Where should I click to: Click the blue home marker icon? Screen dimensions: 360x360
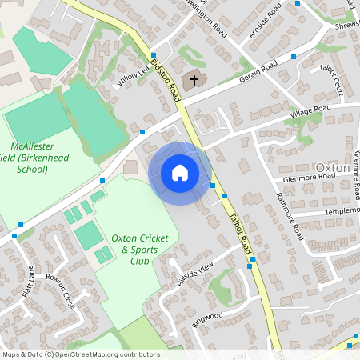180,173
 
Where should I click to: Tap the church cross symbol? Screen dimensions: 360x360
193,81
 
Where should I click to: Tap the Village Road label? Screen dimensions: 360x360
311,109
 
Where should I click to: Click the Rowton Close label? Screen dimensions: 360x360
60,290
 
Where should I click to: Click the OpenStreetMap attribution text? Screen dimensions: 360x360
80,354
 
